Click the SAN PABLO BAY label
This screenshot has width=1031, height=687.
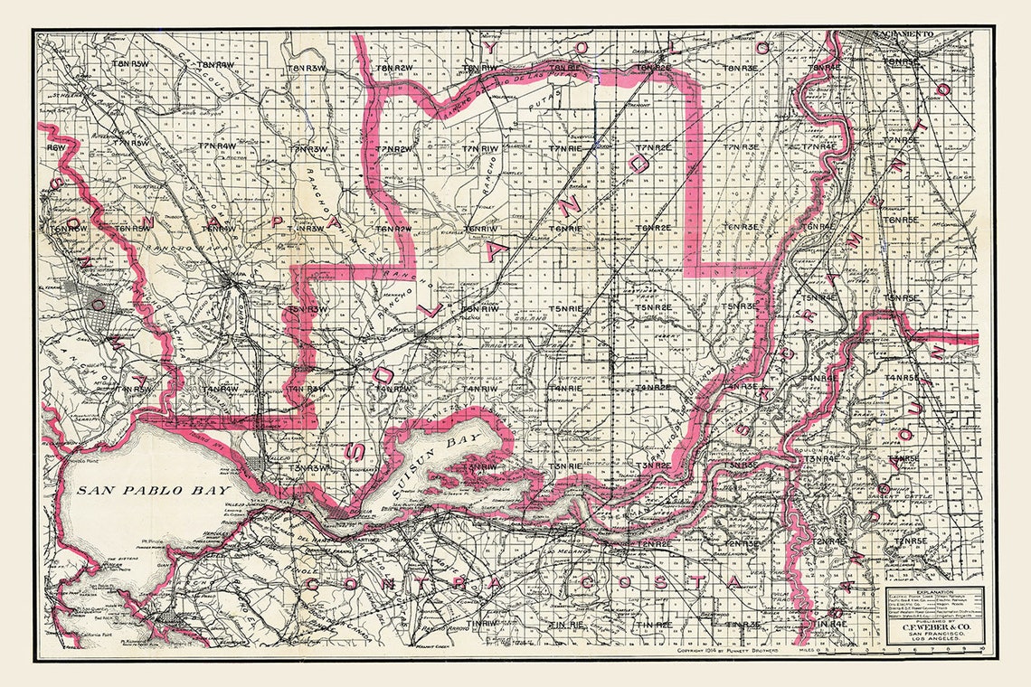pyautogui.click(x=137, y=491)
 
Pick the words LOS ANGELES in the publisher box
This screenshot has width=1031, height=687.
pyautogui.click(x=932, y=642)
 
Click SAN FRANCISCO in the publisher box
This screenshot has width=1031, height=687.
pyautogui.click(x=932, y=635)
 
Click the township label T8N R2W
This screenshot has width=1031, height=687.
pyautogui.click(x=394, y=68)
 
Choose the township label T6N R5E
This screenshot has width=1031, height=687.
pyautogui.click(x=901, y=220)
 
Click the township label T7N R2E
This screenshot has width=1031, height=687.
pyautogui.click(x=653, y=147)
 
